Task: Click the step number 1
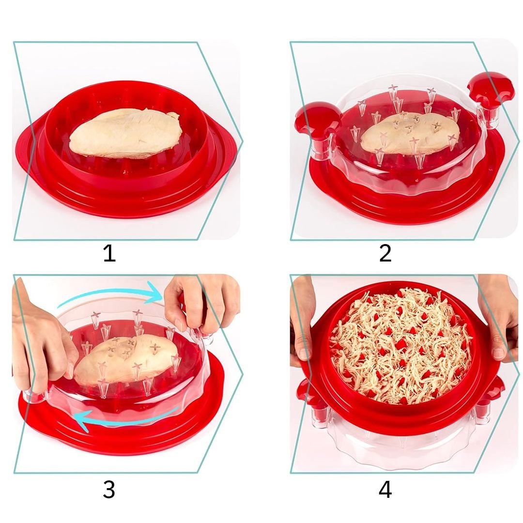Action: point(109,253)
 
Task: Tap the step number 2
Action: point(385,253)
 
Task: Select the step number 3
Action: point(109,489)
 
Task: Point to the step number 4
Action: point(385,490)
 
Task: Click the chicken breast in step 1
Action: point(126,132)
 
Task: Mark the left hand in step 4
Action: point(302,320)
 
